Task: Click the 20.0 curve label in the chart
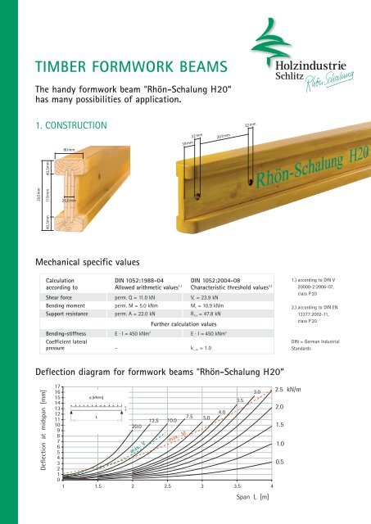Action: click(137, 427)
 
